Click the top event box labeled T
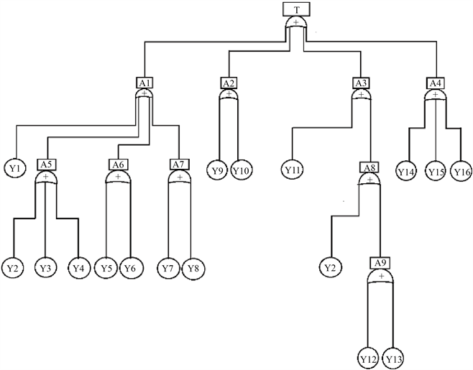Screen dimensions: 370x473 tap(296, 9)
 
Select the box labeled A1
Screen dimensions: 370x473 tap(144, 83)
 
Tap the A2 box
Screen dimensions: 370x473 tap(229, 83)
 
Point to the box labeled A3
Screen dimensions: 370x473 tap(361, 83)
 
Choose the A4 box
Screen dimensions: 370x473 tap(434, 83)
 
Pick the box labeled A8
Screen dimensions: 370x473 tap(369, 167)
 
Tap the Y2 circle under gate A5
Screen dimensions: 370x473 tap(14, 268)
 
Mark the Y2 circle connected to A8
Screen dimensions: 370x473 tap(331, 268)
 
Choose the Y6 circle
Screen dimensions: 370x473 tap(129, 268)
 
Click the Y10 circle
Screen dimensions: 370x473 tap(240, 170)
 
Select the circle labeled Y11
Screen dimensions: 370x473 tap(292, 170)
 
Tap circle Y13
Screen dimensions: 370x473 tap(392, 357)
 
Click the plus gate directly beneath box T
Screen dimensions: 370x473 tap(296, 24)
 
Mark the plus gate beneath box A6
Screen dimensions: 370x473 tap(118, 177)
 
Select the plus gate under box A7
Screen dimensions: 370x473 tap(179, 177)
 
